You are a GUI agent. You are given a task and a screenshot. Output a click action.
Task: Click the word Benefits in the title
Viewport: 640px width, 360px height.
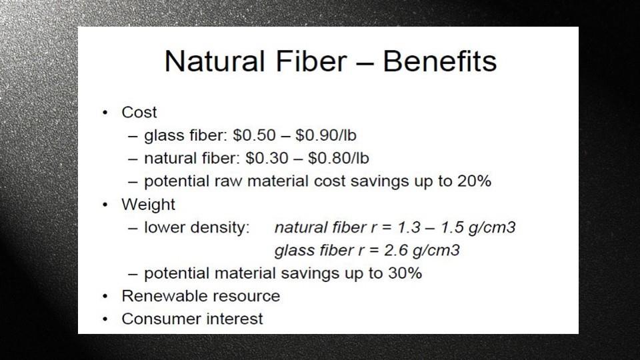coord(439,61)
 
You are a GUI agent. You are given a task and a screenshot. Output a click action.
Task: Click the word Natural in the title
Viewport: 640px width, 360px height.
coord(215,61)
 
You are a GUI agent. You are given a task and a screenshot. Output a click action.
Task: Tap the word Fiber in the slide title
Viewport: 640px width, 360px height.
coord(311,61)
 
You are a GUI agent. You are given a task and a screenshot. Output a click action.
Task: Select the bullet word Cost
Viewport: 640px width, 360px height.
coord(139,112)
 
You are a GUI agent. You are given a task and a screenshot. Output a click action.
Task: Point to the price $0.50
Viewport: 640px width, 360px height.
coord(254,135)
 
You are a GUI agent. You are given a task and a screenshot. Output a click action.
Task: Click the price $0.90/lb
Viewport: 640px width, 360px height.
coord(326,135)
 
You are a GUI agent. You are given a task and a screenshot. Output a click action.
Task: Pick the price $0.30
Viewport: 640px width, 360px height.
coord(267,158)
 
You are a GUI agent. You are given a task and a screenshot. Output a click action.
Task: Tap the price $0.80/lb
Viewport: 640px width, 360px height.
coord(339,158)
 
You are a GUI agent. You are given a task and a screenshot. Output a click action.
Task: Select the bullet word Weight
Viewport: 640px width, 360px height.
coord(148,205)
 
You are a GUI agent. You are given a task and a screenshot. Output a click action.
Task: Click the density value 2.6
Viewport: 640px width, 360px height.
coord(395,250)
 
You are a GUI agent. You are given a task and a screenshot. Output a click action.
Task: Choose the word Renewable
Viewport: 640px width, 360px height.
coord(165,296)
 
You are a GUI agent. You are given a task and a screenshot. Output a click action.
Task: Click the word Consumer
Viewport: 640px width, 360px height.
coord(161,319)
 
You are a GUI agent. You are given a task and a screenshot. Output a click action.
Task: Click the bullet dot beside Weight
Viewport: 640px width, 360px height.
coord(105,205)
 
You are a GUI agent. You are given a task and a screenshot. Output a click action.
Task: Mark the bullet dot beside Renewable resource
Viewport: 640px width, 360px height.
coord(105,296)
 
